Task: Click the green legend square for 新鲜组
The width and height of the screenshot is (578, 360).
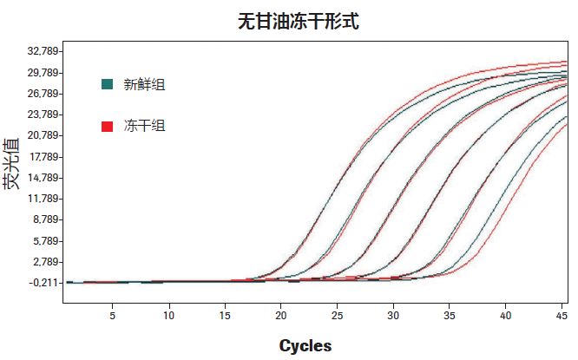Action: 108,84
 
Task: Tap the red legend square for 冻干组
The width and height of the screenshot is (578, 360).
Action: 108,127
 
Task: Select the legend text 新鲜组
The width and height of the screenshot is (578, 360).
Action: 144,84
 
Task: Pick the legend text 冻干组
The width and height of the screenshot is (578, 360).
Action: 144,127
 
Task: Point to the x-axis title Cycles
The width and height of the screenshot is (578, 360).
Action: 305,345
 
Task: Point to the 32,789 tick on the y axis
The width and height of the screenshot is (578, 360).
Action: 39,51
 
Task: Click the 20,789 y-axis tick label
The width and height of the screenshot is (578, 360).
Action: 39,135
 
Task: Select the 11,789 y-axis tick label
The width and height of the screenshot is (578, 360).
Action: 39,199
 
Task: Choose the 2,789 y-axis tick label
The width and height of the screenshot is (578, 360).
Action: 42,262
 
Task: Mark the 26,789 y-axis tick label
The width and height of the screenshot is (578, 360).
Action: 39,94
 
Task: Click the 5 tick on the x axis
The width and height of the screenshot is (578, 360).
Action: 112,316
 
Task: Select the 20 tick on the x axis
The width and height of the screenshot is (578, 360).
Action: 280,316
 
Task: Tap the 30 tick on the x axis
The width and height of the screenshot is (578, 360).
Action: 393,316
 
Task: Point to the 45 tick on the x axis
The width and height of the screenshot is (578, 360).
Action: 562,316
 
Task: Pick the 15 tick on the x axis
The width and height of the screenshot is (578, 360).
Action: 224,316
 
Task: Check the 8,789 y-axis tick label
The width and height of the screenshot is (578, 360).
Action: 42,219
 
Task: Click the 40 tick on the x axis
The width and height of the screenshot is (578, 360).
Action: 505,316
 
